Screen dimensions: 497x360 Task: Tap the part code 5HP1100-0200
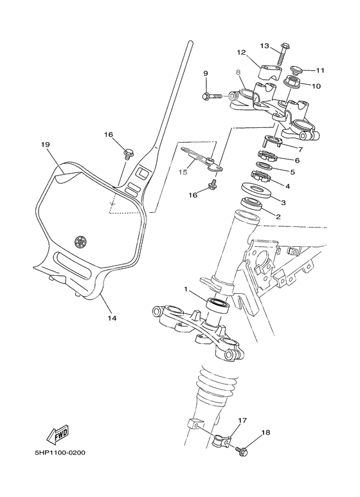(x=60, y=452)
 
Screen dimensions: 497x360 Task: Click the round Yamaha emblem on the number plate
(x=80, y=242)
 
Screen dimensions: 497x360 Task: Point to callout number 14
(x=112, y=317)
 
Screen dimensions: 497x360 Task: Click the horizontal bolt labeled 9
(x=212, y=96)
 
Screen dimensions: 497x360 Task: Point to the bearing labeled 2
(x=253, y=205)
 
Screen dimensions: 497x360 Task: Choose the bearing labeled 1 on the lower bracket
(x=217, y=304)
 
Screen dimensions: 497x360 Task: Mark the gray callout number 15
(x=183, y=172)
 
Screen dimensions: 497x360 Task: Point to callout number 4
(x=287, y=186)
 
